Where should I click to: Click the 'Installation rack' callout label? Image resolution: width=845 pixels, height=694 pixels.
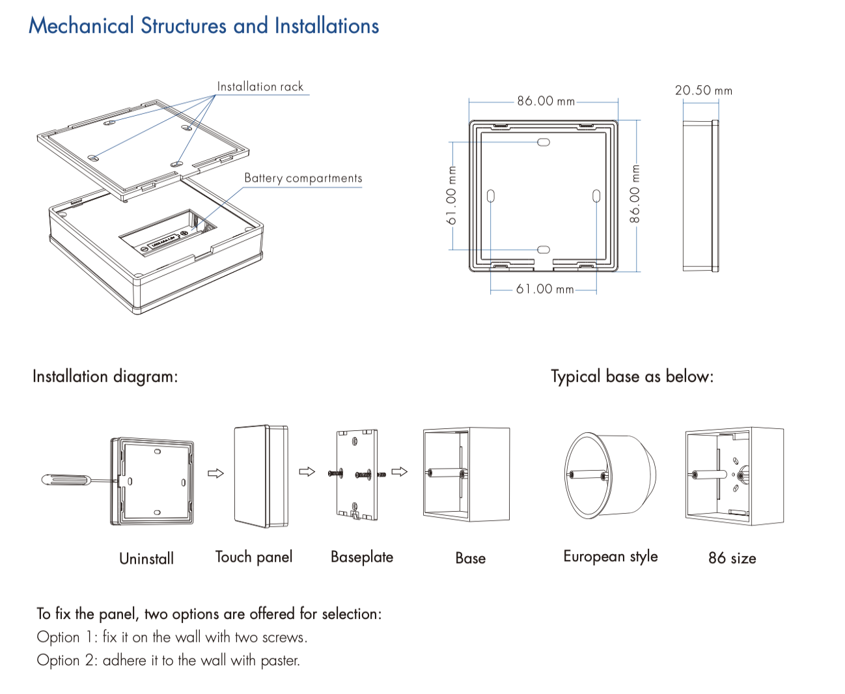pyautogui.click(x=260, y=87)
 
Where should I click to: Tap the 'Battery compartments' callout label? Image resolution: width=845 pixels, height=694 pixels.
pyautogui.click(x=303, y=178)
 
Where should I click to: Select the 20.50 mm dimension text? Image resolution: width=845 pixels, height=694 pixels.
pyautogui.click(x=703, y=90)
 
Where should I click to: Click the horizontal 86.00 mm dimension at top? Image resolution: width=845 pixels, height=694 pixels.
pyautogui.click(x=546, y=101)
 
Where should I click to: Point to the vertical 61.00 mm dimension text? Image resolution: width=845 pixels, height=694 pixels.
pyautogui.click(x=452, y=195)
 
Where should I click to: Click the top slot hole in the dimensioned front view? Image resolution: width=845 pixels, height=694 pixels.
pyautogui.click(x=544, y=142)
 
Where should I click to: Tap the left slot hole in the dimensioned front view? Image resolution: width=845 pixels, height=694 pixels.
pyautogui.click(x=491, y=196)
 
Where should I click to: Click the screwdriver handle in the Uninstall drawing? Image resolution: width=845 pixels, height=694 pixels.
pyautogui.click(x=64, y=480)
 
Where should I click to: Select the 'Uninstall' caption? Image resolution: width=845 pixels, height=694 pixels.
pyautogui.click(x=146, y=559)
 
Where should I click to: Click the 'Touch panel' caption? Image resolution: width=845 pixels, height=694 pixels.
pyautogui.click(x=254, y=557)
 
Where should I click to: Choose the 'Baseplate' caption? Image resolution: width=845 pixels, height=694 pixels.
pyautogui.click(x=362, y=557)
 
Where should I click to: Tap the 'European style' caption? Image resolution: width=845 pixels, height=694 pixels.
pyautogui.click(x=611, y=557)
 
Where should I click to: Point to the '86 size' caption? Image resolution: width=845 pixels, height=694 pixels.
pyautogui.click(x=732, y=559)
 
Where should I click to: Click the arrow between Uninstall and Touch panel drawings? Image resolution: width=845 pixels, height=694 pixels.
pyautogui.click(x=215, y=473)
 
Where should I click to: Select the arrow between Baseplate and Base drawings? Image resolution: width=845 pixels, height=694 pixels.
pyautogui.click(x=400, y=472)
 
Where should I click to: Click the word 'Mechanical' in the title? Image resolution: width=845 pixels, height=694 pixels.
pyautogui.click(x=81, y=26)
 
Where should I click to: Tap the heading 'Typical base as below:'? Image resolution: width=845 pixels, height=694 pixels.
pyautogui.click(x=632, y=377)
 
